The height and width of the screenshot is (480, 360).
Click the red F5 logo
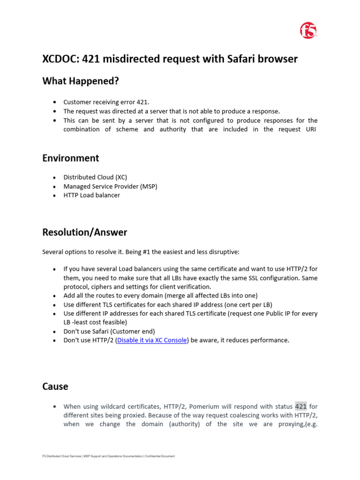click(308, 31)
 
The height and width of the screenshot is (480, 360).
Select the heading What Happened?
click(81, 81)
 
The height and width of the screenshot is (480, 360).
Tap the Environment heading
click(70, 158)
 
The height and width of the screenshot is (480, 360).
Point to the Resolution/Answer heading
click(84, 232)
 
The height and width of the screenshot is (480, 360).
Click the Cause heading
click(55, 386)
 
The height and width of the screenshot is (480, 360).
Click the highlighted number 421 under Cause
click(300, 406)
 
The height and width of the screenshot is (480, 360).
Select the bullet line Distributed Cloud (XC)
click(95, 178)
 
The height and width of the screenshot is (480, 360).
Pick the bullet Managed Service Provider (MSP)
click(110, 187)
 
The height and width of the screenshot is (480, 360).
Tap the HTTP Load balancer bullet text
click(92, 195)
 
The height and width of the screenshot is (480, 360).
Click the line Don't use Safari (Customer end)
click(109, 331)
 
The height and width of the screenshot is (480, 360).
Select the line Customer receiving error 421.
click(106, 102)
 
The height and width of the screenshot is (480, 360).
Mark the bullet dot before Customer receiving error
click(55, 102)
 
